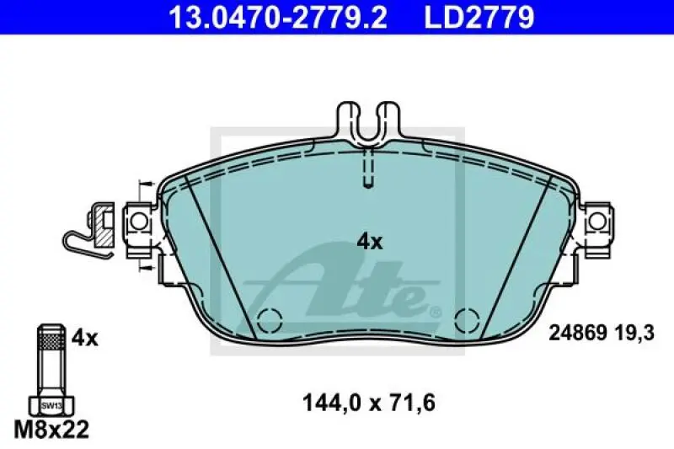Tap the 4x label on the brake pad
[x=370, y=242]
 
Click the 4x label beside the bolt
[x=84, y=339]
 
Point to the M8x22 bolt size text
[x=52, y=429]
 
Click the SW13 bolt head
[x=51, y=405]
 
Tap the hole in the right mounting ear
[x=597, y=222]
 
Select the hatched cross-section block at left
[x=103, y=223]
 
